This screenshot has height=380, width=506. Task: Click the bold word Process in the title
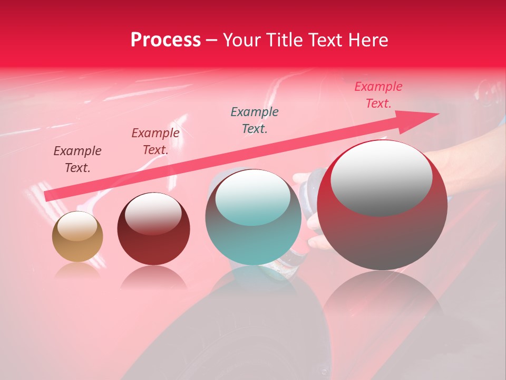[x=166, y=40]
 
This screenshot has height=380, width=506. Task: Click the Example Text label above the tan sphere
[x=77, y=159]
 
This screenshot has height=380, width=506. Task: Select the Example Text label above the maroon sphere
[x=155, y=141]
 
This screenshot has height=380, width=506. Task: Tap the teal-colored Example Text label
[x=255, y=120]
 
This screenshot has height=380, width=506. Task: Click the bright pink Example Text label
[x=378, y=94]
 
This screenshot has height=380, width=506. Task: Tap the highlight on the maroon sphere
[x=153, y=213]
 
